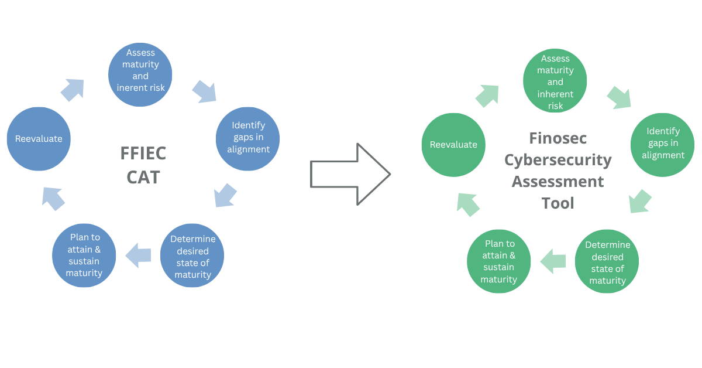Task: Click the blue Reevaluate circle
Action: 39,139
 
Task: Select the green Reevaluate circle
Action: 453,145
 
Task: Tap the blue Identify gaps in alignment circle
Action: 248,139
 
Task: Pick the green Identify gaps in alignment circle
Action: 662,145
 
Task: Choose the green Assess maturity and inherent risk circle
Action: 555,81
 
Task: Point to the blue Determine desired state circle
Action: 192,255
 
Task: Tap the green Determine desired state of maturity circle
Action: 607,261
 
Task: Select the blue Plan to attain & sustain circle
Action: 84,255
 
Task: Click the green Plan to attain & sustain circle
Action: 498,261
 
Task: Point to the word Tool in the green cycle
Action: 558,203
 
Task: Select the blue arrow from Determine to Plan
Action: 139,255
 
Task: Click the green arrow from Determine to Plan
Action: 553,261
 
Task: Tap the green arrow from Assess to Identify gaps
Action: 620,97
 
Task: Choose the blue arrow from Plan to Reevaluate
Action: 54,198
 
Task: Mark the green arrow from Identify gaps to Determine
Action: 640,201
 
